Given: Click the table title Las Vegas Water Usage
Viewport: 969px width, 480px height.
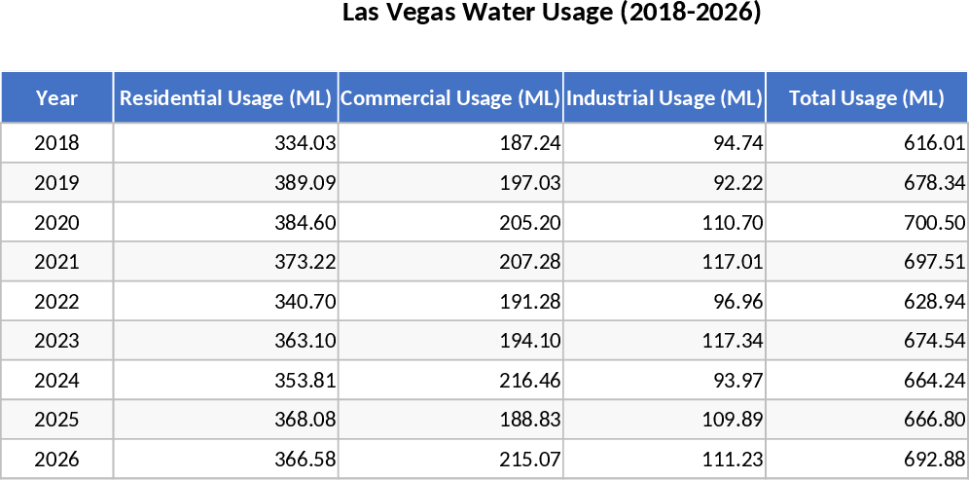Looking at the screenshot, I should (552, 14).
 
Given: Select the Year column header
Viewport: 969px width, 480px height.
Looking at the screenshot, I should (57, 97).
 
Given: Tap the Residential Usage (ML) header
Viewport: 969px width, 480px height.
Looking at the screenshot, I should (226, 97).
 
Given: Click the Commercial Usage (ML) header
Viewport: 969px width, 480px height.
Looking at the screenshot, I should (450, 97).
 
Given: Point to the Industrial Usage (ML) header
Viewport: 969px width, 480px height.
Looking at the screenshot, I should (664, 97).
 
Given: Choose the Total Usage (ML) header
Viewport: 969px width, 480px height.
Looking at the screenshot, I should (866, 97).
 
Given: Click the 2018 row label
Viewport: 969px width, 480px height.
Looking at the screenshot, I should (57, 143).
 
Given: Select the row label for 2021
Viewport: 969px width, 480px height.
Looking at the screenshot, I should (57, 262).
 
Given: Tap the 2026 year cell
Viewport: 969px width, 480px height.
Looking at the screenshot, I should (57, 460).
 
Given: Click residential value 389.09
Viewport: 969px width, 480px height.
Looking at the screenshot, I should (305, 183).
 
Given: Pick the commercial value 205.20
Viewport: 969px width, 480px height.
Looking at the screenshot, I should (530, 223).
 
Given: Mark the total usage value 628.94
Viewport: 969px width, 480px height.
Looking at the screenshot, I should (935, 302).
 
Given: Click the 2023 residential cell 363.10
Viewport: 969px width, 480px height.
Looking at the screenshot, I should (305, 341).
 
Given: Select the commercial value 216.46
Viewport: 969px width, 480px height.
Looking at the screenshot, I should (530, 381).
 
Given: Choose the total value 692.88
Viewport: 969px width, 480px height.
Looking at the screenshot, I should (935, 460).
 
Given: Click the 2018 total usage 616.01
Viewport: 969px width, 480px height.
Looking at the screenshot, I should (935, 143).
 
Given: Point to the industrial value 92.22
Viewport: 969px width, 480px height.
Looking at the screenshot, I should (736, 183).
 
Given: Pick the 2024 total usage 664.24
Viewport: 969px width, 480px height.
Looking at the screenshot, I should (935, 381).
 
